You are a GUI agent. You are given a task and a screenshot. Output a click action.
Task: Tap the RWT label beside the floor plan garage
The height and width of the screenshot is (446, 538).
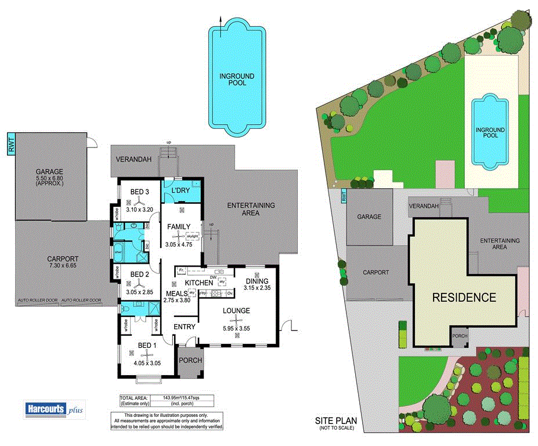point(11,143)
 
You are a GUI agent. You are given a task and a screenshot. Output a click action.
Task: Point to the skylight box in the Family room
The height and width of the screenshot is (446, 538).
point(192,236)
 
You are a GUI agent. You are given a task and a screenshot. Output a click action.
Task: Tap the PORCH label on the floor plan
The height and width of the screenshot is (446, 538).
point(190,360)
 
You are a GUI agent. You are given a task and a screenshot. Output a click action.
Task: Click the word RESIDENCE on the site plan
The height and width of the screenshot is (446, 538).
point(464,297)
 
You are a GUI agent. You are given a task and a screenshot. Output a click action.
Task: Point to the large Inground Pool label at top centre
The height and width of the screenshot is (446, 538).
point(237,80)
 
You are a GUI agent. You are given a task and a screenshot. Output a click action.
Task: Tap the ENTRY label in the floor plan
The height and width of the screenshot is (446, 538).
point(185,327)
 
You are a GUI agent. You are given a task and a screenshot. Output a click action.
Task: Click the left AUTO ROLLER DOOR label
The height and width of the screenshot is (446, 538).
point(38,301)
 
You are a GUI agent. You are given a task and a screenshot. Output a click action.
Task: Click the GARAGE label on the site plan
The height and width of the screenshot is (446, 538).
point(369,217)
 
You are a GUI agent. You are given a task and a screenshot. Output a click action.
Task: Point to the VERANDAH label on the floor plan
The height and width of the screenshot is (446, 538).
point(133,159)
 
